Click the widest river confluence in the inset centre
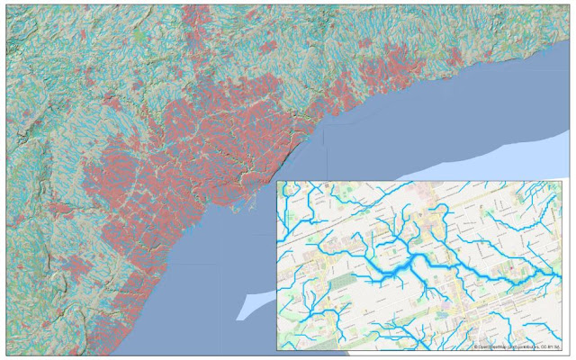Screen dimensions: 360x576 [410, 266]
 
